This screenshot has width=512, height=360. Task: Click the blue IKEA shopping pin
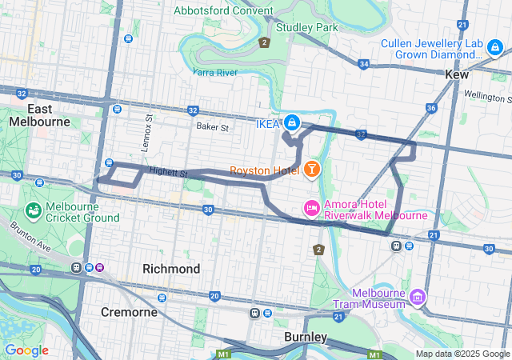click(x=292, y=122)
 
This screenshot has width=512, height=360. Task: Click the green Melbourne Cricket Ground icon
click(x=34, y=210)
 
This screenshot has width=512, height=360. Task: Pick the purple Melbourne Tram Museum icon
click(x=416, y=298)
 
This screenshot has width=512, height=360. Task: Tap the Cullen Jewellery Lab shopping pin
click(x=495, y=49)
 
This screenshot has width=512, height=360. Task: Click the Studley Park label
click(x=306, y=27)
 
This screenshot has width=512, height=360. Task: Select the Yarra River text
click(x=215, y=72)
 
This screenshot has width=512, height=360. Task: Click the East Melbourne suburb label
click(x=39, y=114)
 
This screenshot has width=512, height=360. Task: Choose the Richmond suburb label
click(x=170, y=269)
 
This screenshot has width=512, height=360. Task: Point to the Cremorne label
click(x=129, y=311)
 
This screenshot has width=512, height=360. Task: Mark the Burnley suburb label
click(x=306, y=337)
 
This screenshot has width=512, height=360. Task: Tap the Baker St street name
click(x=213, y=126)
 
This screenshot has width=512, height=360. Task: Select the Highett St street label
click(x=167, y=172)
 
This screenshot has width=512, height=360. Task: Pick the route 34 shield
click(x=364, y=63)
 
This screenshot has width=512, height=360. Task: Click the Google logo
click(x=26, y=350)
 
